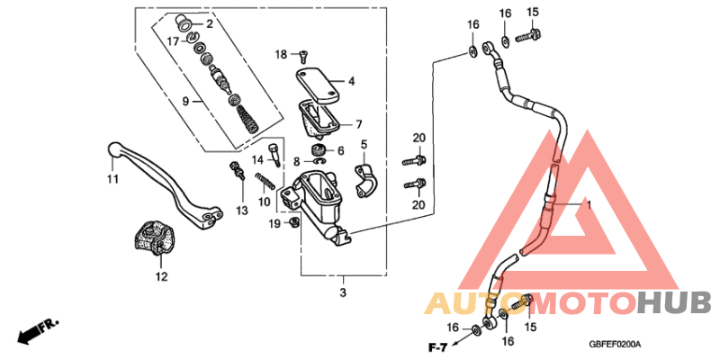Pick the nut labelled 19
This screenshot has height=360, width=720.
[294, 222]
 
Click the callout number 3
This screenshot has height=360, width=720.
[342, 293]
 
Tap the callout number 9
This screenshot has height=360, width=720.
[186, 102]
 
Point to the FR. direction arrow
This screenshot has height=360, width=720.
[38, 330]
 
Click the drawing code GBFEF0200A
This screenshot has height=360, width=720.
[620, 344]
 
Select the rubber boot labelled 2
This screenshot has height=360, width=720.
[186, 22]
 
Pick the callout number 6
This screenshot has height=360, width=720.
[339, 150]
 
